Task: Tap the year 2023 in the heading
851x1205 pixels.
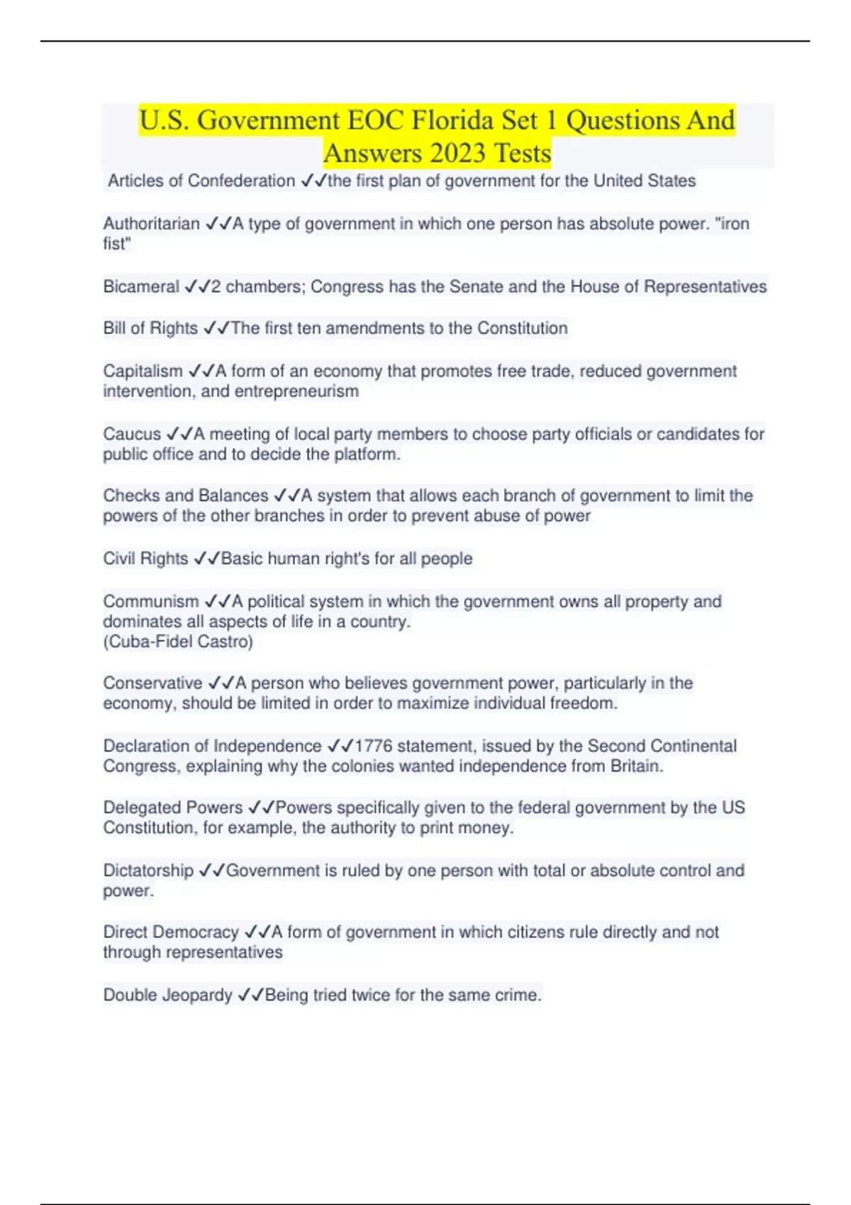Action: tap(457, 153)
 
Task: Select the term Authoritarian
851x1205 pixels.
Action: tap(151, 224)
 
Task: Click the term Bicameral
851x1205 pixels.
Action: tap(141, 287)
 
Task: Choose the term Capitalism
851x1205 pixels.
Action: tap(143, 371)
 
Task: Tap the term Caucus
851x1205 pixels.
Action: tap(132, 434)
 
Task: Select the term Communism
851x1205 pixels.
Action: tap(151, 602)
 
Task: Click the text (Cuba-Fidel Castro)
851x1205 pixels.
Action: tap(178, 642)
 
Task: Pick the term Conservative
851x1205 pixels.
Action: tap(152, 683)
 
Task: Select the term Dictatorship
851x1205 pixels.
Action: tap(148, 870)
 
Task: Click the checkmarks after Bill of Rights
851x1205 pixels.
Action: tap(216, 329)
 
